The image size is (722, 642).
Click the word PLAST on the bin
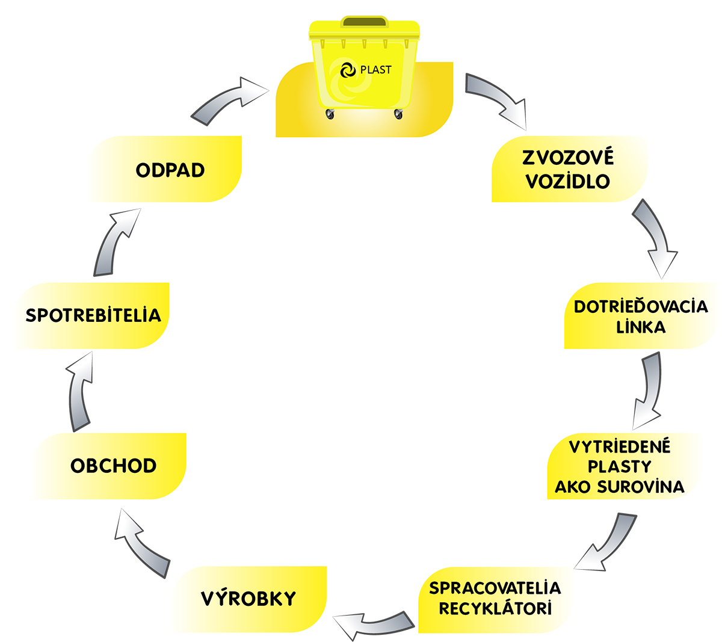(x=375, y=70)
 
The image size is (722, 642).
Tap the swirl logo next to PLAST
(x=347, y=70)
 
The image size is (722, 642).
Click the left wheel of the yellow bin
(x=329, y=114)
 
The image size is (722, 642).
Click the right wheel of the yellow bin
(x=398, y=114)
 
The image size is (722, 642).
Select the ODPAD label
(x=170, y=170)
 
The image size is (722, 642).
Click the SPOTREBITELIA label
(x=93, y=315)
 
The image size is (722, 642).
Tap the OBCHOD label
(x=113, y=466)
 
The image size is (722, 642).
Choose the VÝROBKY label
(x=248, y=599)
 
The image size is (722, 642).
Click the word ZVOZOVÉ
(x=568, y=158)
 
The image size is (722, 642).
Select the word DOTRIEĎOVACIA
(x=641, y=306)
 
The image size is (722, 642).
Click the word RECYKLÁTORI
(x=495, y=608)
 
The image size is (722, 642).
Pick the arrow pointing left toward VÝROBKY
(x=368, y=623)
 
